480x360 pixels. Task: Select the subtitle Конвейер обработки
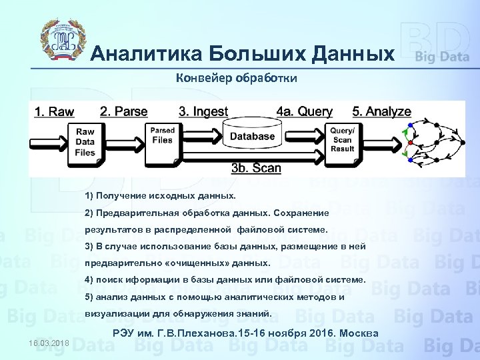tap(236, 78)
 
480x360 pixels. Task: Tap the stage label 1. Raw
tap(54, 111)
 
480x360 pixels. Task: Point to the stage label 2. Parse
tap(123, 111)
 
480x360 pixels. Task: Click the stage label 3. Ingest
tap(203, 111)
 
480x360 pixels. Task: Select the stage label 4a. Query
tap(304, 111)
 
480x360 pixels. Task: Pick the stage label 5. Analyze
tap(381, 111)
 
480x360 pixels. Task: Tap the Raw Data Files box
tap(85, 142)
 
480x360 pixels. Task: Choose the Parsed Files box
tap(162, 137)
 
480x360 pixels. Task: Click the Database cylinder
tap(252, 137)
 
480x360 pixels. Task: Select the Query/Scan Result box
tap(342, 141)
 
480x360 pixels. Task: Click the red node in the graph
tap(411, 143)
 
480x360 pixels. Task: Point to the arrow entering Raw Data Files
tap(51, 142)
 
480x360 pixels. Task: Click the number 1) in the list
tap(89, 197)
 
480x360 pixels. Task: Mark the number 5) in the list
tap(89, 297)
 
